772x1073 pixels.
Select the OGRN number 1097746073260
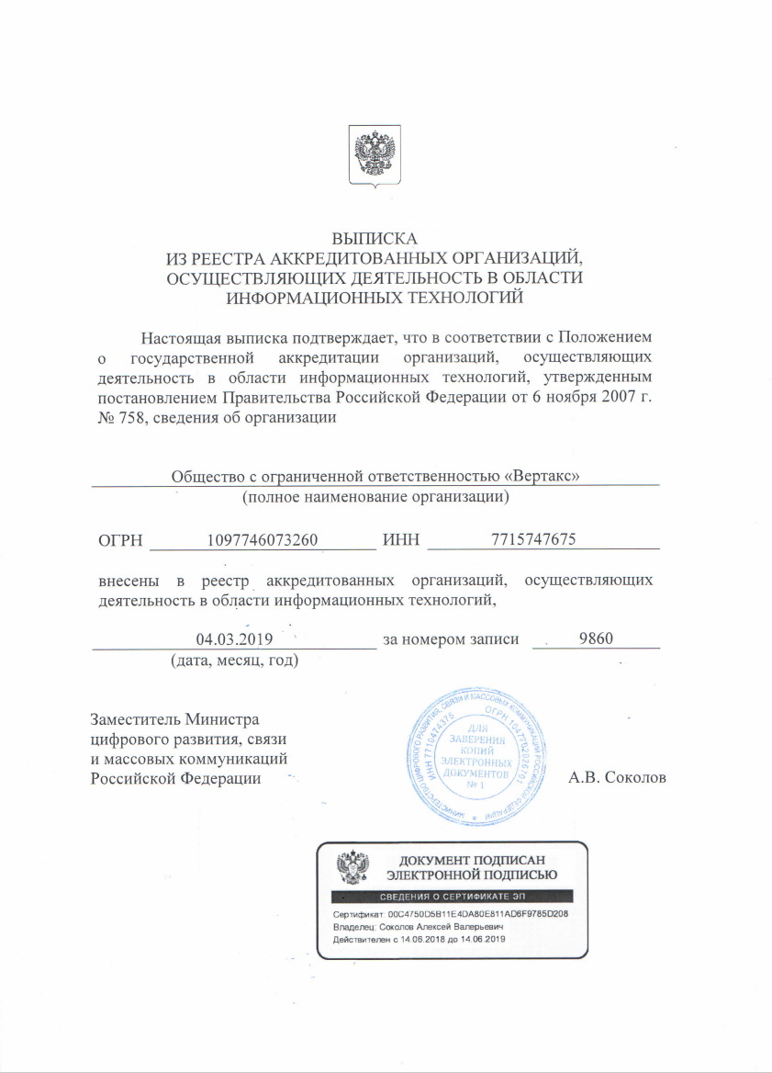[x=263, y=540]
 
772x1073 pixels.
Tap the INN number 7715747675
[x=533, y=540]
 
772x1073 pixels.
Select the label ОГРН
[x=119, y=541]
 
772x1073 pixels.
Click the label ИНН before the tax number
[x=400, y=541]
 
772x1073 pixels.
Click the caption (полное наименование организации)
[x=375, y=498]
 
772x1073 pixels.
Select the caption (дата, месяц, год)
[x=233, y=661]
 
